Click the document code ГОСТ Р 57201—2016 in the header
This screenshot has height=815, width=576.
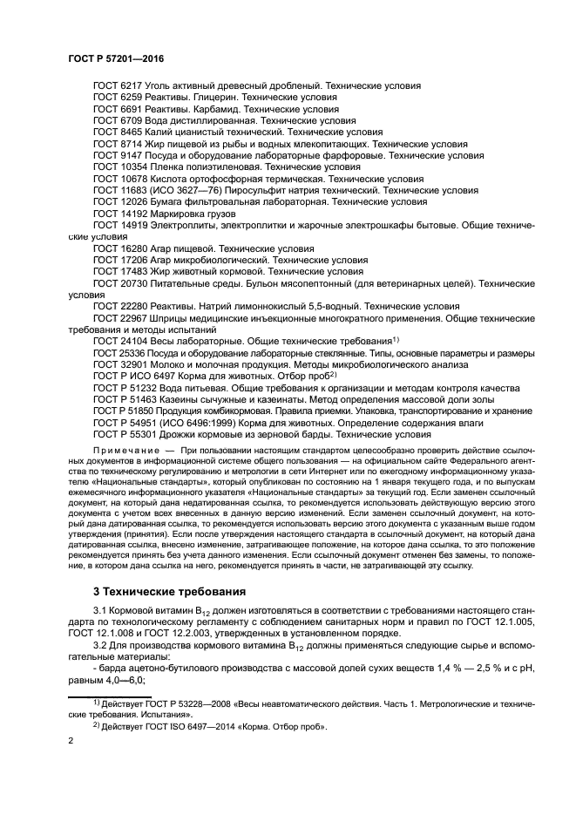click(x=116, y=58)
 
